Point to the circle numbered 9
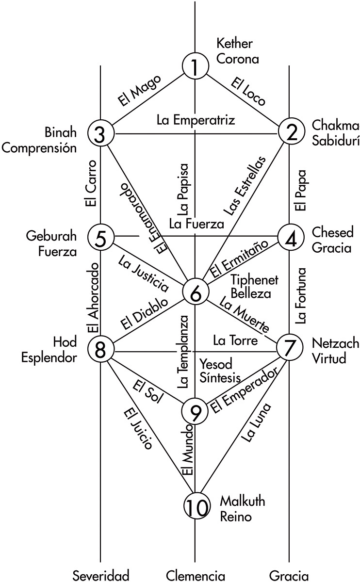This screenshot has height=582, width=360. click(195, 411)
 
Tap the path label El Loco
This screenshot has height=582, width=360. click(248, 91)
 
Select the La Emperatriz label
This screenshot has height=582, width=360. click(196, 120)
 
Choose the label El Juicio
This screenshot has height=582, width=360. click(138, 429)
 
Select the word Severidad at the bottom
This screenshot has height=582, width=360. click(101, 575)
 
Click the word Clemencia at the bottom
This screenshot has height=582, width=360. click(196, 575)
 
